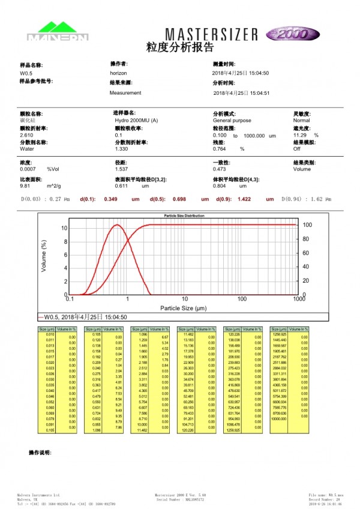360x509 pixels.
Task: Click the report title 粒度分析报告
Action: [180, 47]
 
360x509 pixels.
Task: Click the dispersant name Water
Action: [27, 149]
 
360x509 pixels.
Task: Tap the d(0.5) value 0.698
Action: [180, 199]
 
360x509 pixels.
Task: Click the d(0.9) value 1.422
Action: [244, 199]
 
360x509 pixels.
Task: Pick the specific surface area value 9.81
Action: [25, 187]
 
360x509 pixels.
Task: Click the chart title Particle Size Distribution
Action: [184, 215]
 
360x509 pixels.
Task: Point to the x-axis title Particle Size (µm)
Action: [184, 308]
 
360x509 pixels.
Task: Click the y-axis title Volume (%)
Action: [44, 256]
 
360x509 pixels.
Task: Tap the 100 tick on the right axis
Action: [307, 225]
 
